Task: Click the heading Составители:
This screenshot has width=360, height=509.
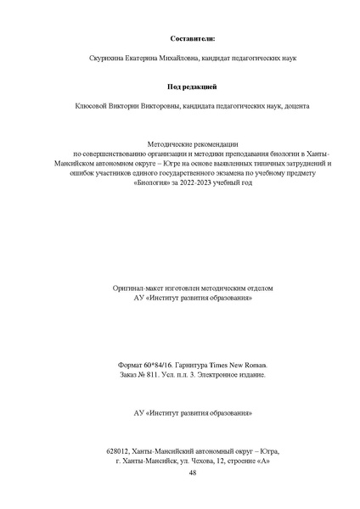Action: (192, 39)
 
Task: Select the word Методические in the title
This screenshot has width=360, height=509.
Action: (171, 145)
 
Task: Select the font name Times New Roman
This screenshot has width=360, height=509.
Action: (241, 364)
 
